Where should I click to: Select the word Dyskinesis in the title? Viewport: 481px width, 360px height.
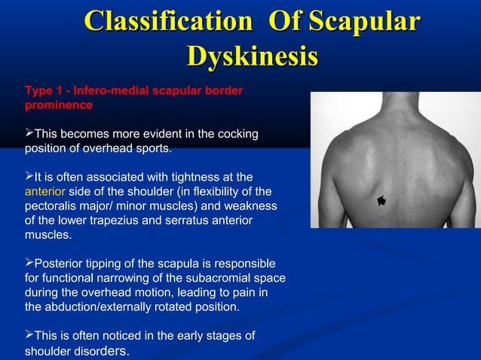coord(252,57)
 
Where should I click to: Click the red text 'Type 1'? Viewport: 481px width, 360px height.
coord(44,91)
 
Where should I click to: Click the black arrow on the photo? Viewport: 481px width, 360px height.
coord(381,200)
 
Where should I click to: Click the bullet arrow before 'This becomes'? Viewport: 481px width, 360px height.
coord(30,134)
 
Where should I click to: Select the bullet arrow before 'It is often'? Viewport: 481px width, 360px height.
coord(30,177)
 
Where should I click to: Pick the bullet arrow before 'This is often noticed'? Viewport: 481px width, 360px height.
coord(30,335)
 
